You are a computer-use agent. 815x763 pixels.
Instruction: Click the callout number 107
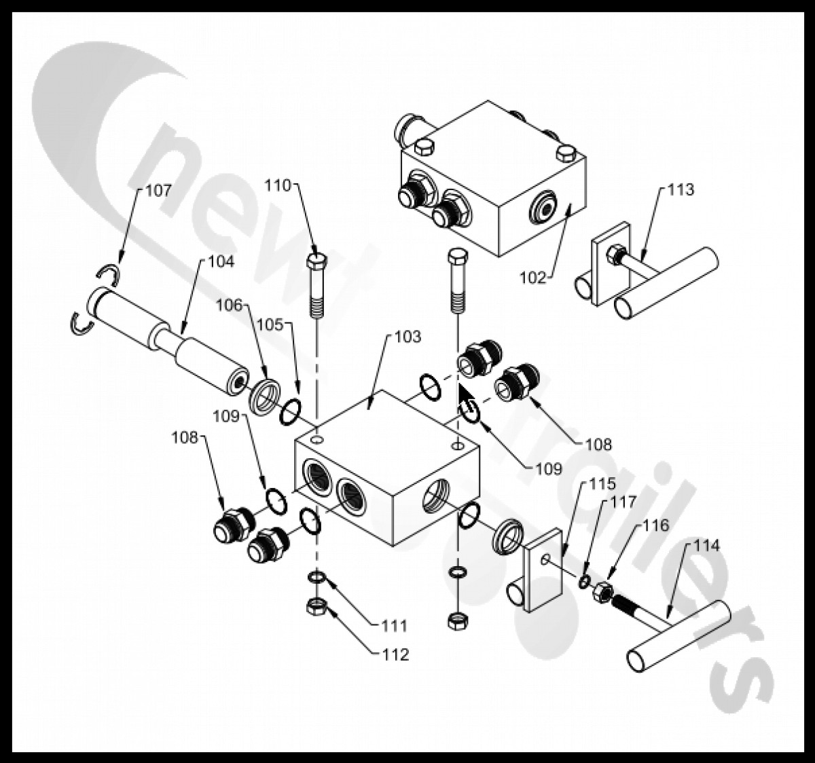pos(158,191)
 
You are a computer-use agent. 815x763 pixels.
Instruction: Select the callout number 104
pos(220,261)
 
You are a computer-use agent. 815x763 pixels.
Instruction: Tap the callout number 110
pos(278,185)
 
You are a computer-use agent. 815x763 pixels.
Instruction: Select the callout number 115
pos(602,484)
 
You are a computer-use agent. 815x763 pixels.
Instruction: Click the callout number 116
pos(655,525)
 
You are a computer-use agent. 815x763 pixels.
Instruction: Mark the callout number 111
pos(395,625)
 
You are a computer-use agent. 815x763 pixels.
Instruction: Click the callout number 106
pos(229,305)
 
